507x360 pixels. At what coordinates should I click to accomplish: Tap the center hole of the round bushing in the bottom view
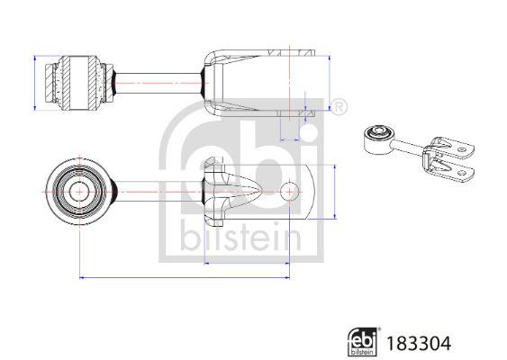coord(78,191)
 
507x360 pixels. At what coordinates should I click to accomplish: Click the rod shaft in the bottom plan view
coord(153,191)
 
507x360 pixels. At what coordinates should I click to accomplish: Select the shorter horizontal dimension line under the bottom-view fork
coord(247,263)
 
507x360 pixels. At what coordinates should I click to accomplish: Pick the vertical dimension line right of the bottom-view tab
coord(336,191)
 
